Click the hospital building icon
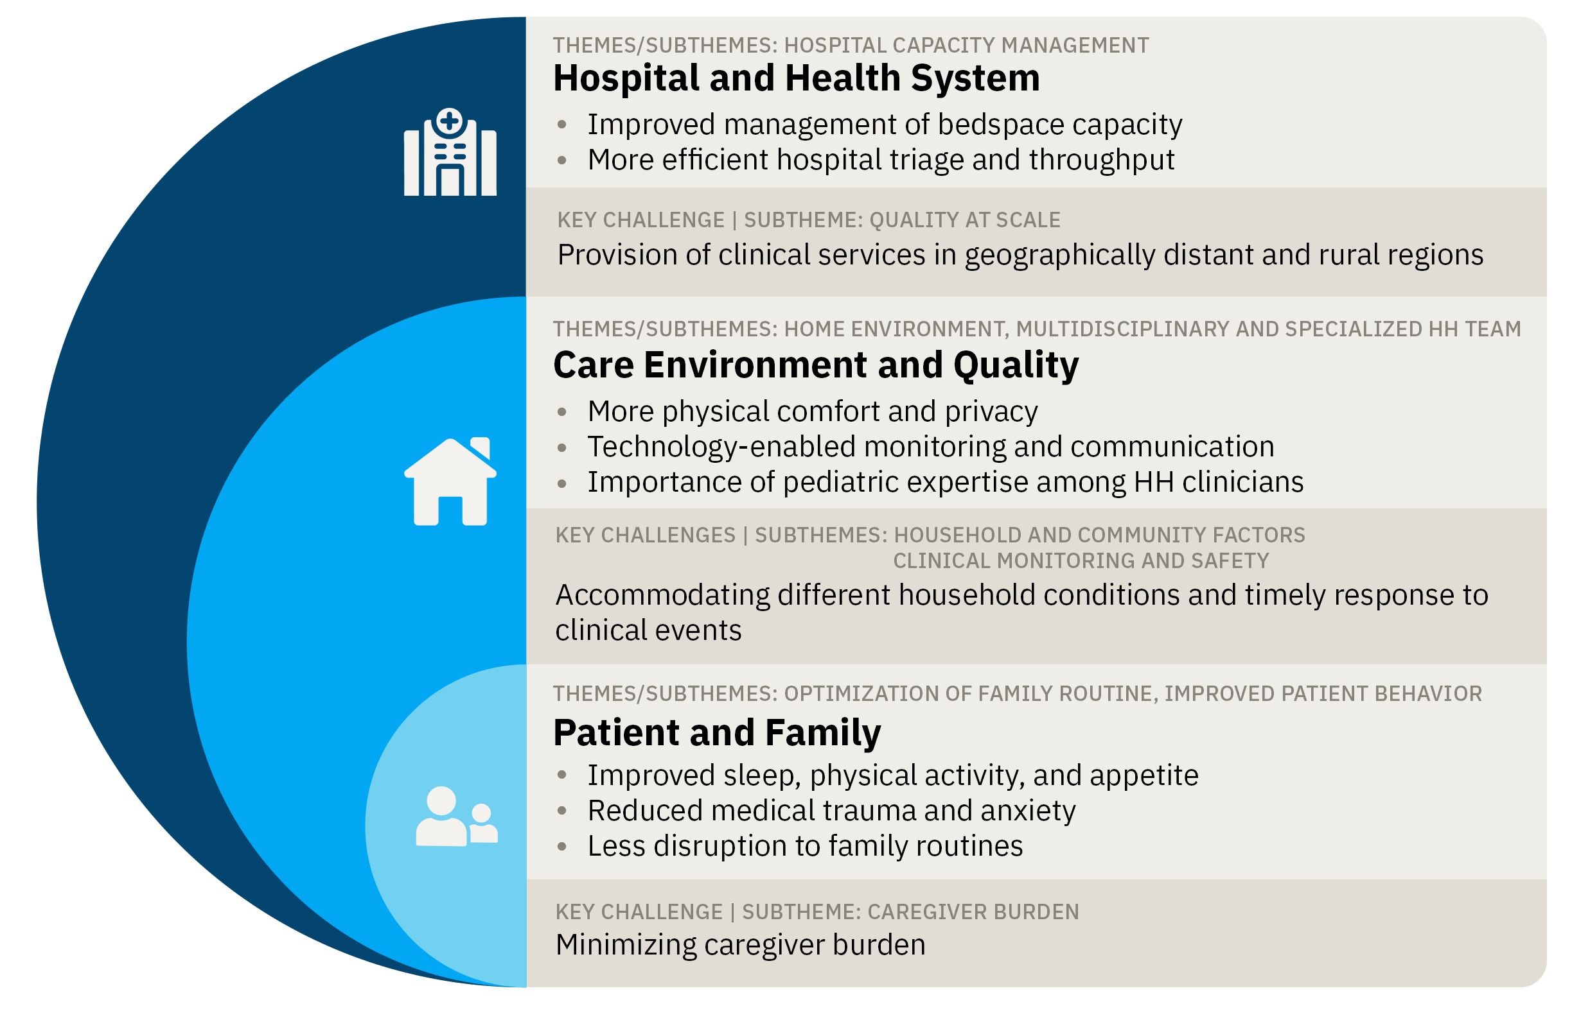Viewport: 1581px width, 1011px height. pos(450,151)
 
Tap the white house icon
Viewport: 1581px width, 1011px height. pos(450,481)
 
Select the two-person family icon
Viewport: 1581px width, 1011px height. pos(457,816)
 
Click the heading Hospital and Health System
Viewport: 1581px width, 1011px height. pos(796,78)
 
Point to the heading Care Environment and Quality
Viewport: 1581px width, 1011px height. pos(816,365)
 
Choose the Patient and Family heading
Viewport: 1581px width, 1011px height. pos(716,732)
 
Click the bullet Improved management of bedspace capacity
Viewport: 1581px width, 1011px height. pos(884,124)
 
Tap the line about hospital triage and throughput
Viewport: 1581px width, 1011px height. pos(881,160)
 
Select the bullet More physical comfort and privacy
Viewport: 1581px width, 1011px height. pos(813,411)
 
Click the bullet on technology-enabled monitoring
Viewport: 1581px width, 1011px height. pos(931,447)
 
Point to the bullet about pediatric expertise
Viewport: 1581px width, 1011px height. pos(945,482)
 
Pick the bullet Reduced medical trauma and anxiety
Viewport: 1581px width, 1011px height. pos(831,811)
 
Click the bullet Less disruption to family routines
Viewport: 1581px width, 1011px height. pos(804,845)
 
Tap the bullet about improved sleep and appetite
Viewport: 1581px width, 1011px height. pos(892,775)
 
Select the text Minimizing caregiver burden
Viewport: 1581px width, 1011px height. pos(740,945)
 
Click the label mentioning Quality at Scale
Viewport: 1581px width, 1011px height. pos(809,220)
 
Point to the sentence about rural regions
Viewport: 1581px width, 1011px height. pos(1020,255)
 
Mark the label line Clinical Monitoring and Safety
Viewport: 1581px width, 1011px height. pos(1081,560)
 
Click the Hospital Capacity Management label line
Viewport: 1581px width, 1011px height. pos(851,46)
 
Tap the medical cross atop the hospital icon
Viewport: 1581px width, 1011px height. pos(449,121)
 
